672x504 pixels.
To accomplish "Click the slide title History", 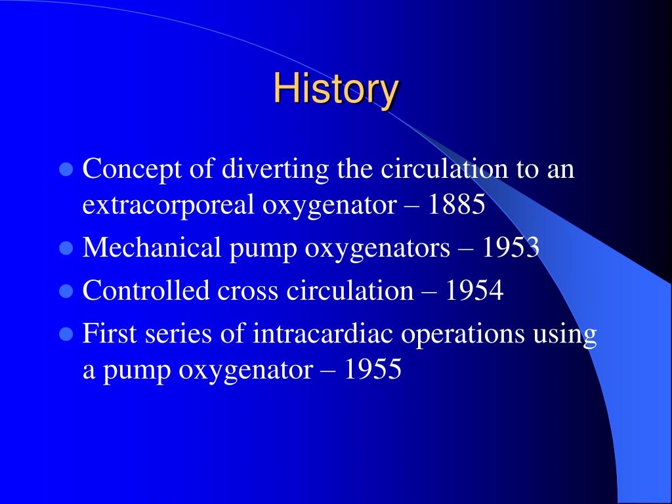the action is (336, 89).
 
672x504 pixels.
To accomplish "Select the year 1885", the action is (456, 205).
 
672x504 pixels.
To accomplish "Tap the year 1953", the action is (511, 247).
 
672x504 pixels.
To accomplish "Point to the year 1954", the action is (474, 290).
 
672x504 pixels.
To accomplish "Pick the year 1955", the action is (373, 369).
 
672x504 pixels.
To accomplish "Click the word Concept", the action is (131, 169).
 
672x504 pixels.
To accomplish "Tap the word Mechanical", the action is (152, 247).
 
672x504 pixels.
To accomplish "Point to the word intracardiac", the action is (323, 333).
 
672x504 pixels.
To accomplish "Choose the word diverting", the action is (276, 169).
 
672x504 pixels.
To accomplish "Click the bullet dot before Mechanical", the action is (66, 247).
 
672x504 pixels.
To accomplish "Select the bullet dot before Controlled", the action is (66, 291).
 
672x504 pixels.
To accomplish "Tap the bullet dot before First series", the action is (66, 333).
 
